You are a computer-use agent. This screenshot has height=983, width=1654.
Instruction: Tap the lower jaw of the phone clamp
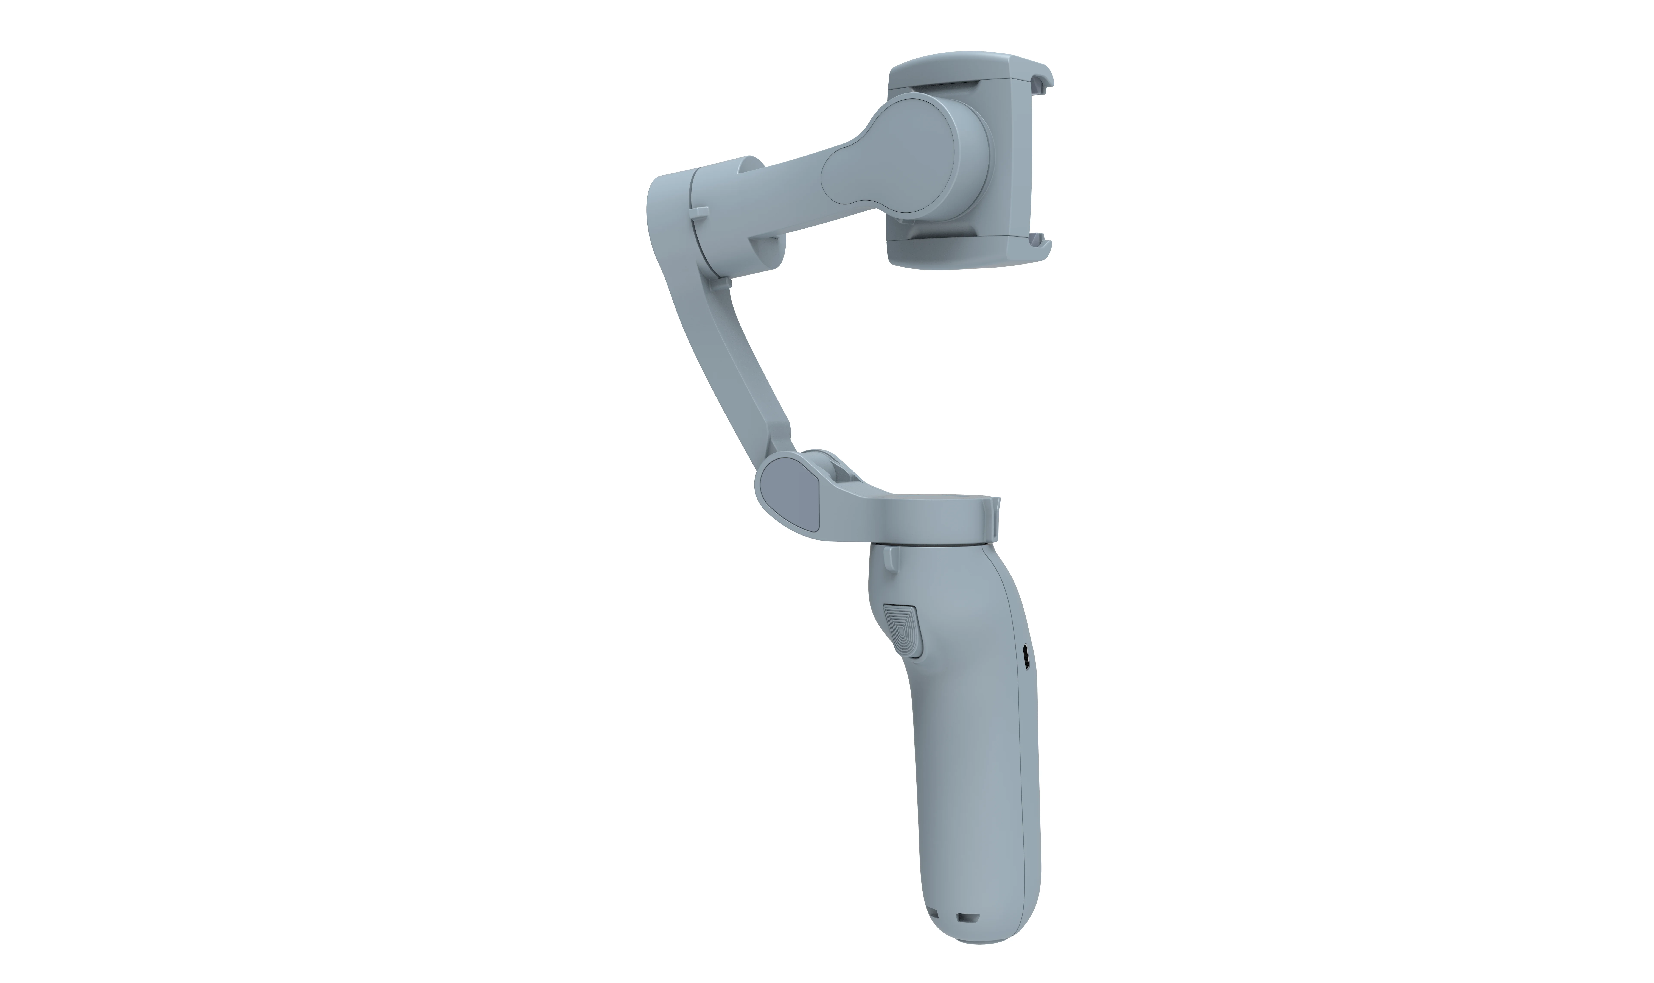(x=960, y=255)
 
